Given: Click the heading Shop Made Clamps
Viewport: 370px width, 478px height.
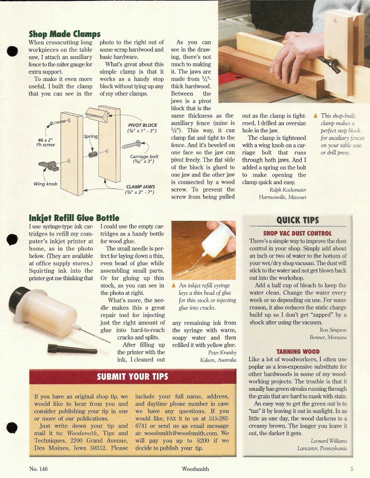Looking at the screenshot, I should [65, 34].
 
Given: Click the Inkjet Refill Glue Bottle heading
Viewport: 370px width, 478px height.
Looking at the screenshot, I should [74, 218].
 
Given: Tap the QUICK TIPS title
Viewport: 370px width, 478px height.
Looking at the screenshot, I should [297, 220].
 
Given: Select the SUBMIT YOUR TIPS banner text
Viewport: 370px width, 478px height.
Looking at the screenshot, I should [132, 377].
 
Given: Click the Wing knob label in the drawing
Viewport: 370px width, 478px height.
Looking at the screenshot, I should [45, 184].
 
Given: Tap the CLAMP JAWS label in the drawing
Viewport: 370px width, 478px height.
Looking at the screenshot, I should [140, 187].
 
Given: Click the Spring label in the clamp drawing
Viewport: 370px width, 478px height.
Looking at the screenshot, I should [90, 137].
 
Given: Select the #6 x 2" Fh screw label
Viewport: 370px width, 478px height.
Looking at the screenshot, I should [45, 143].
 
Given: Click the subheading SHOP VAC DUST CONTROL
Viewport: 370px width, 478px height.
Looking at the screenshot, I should [297, 233].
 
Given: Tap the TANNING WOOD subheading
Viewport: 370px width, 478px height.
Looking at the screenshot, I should [297, 351].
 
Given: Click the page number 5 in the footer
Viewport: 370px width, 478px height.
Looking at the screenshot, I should [351, 469].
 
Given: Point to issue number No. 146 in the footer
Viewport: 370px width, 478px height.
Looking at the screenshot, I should [39, 469].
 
